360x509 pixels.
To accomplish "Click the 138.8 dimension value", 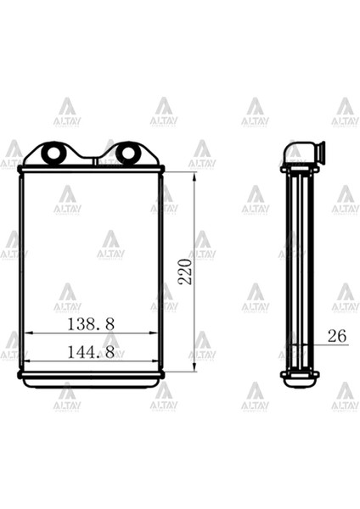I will coord(91,323).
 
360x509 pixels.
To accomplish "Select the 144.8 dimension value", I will coord(91,351).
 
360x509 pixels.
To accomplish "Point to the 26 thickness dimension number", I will coord(336,336).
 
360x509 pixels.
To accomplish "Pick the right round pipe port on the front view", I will coord(127,154).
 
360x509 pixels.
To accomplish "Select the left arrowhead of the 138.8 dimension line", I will coord(26,333).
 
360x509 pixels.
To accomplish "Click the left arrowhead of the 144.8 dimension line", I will coord(22,361).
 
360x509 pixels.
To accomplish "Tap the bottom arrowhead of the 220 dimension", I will coord(194,369).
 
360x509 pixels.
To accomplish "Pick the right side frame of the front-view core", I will coord(161,271).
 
